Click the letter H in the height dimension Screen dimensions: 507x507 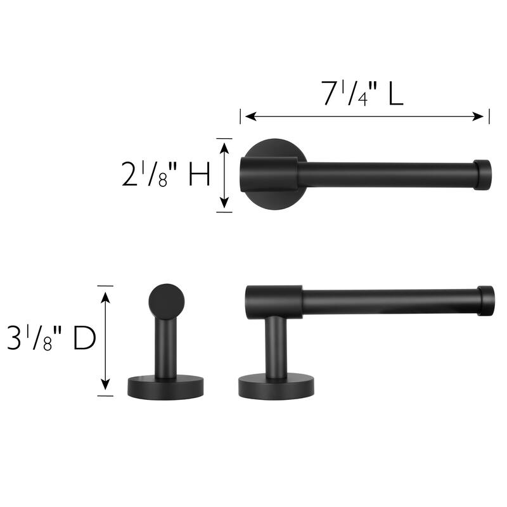[200, 175]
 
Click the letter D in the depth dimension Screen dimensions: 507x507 [84, 340]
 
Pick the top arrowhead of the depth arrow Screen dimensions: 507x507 [105, 292]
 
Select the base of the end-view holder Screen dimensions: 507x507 [166, 386]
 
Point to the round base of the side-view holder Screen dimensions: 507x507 [276, 386]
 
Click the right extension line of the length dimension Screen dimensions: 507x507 [489, 117]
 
